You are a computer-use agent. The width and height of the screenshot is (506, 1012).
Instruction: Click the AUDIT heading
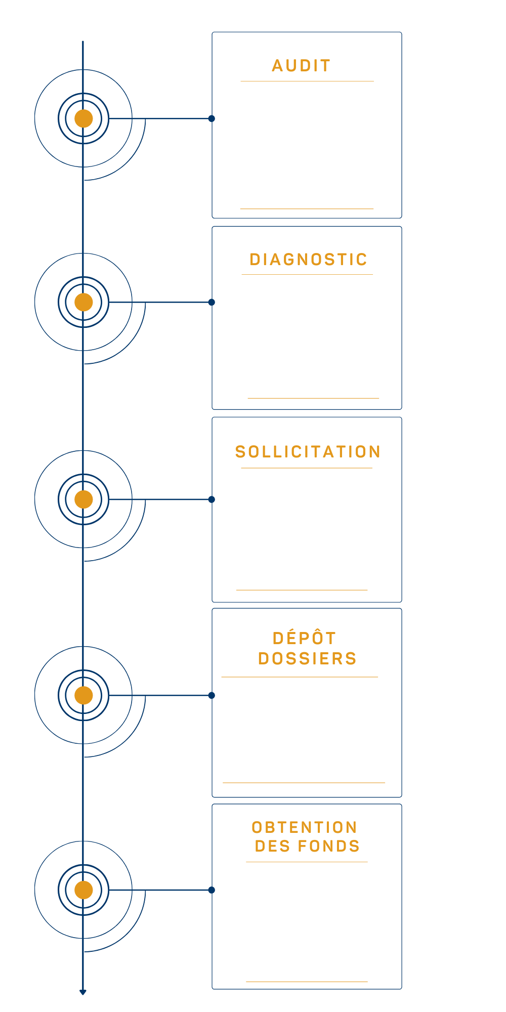click(302, 66)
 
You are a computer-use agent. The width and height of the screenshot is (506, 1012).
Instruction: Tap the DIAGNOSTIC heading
click(308, 260)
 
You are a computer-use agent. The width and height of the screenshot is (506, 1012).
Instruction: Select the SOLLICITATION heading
click(308, 452)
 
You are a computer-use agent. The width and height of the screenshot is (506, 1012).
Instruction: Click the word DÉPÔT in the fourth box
click(304, 639)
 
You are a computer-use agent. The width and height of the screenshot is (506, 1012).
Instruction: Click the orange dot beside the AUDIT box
click(83, 118)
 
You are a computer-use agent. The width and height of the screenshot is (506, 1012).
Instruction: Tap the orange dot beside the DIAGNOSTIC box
click(83, 302)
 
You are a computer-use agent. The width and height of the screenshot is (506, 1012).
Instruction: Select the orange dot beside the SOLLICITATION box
click(83, 499)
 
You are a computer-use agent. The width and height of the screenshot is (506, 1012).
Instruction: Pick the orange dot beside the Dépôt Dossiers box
click(83, 696)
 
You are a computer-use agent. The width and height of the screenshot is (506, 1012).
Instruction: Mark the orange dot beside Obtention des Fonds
click(83, 890)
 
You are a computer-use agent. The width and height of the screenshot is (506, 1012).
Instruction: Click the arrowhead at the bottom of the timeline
click(83, 992)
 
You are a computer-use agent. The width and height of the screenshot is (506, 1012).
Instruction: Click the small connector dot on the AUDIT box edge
click(212, 118)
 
